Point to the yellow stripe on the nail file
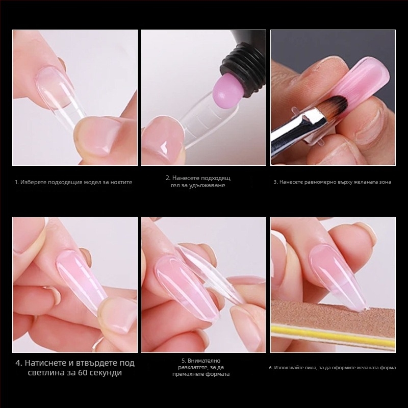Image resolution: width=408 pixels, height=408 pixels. point(333,336)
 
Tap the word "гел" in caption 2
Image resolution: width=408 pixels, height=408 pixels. point(175,186)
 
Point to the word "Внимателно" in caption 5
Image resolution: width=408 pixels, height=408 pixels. point(204,361)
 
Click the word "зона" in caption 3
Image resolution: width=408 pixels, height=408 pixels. point(385,182)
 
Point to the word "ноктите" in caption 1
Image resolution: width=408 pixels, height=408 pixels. point(121,183)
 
